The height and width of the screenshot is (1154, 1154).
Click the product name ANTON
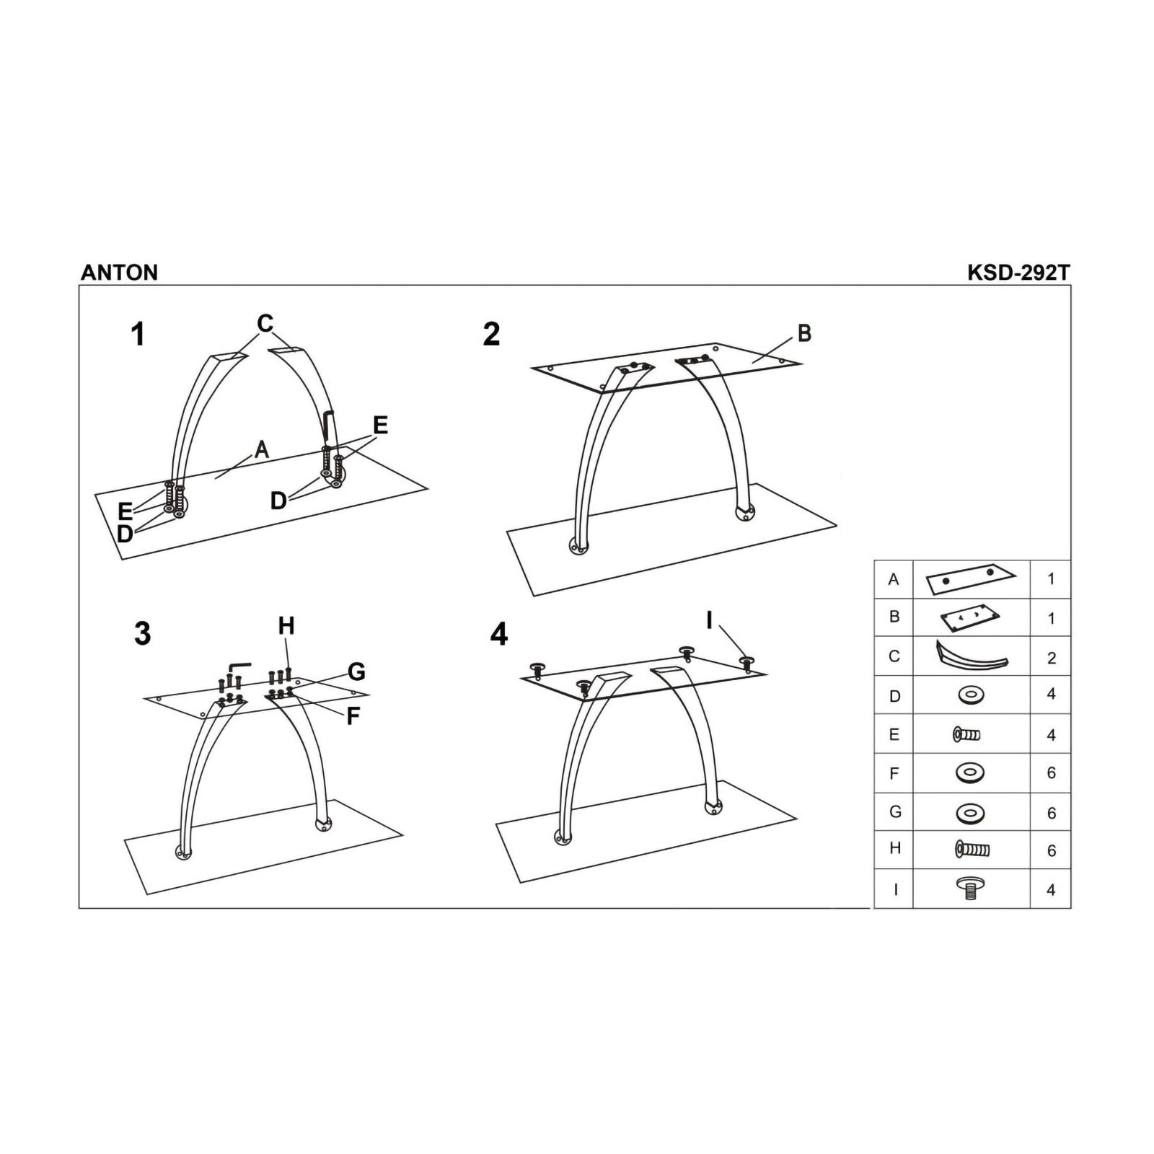pos(119,272)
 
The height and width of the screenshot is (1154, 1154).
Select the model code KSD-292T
pos(1018,272)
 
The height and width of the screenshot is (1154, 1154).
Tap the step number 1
pos(138,335)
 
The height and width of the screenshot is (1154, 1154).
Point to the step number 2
pos(491,334)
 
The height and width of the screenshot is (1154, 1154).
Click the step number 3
pos(143,633)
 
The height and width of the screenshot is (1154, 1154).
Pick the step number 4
pos(498,634)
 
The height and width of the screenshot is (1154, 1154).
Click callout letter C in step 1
pos(265,324)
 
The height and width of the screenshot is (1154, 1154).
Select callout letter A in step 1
pos(262,449)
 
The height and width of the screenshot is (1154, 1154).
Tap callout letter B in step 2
pos(804,333)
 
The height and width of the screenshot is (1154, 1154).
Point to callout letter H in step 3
pos(286,625)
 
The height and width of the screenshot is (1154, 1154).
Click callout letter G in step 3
pos(356,672)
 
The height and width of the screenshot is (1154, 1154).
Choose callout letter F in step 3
pos(353,716)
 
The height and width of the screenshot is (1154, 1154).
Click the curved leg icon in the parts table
pos(972,656)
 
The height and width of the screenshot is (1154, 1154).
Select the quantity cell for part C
pos(1051,656)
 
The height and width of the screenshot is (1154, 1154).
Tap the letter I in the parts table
pos(895,889)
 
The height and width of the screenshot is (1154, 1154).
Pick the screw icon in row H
pos(972,849)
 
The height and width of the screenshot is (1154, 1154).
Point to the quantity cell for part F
pos(1051,773)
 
